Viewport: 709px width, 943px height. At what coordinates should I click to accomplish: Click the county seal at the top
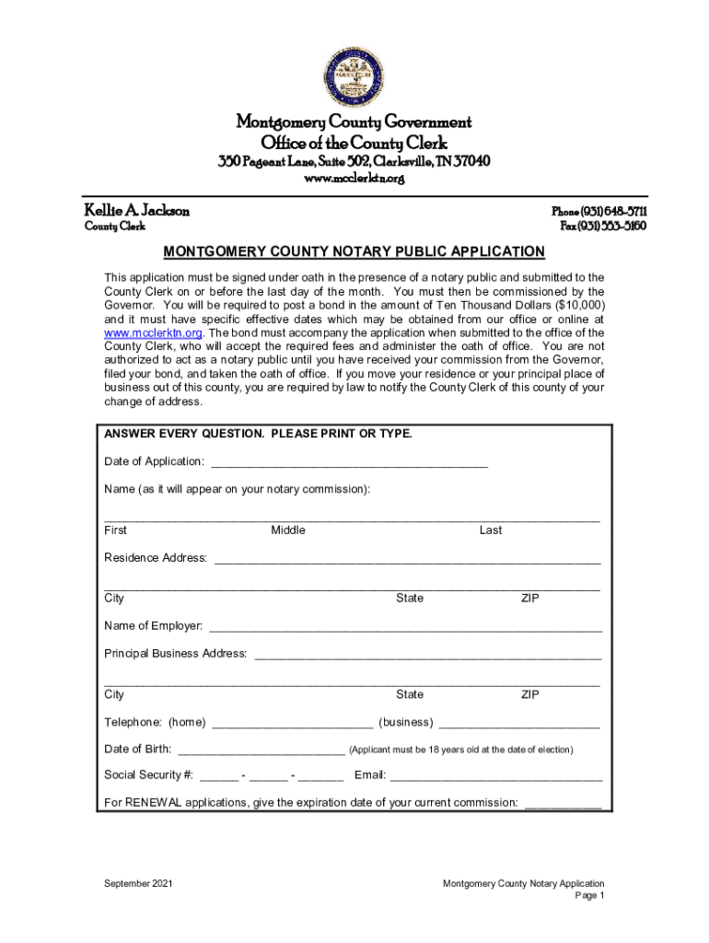pos(354,77)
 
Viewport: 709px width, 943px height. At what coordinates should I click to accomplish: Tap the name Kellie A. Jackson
pos(137,211)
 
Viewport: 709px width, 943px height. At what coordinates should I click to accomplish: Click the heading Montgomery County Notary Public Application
pos(354,251)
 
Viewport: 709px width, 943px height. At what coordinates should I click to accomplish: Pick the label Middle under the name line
pos(287,530)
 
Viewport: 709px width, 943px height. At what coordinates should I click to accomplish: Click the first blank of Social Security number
pos(217,778)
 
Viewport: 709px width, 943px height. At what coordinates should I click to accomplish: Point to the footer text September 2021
pos(138,884)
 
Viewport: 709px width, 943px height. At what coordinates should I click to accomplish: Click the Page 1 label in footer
pos(589,896)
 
